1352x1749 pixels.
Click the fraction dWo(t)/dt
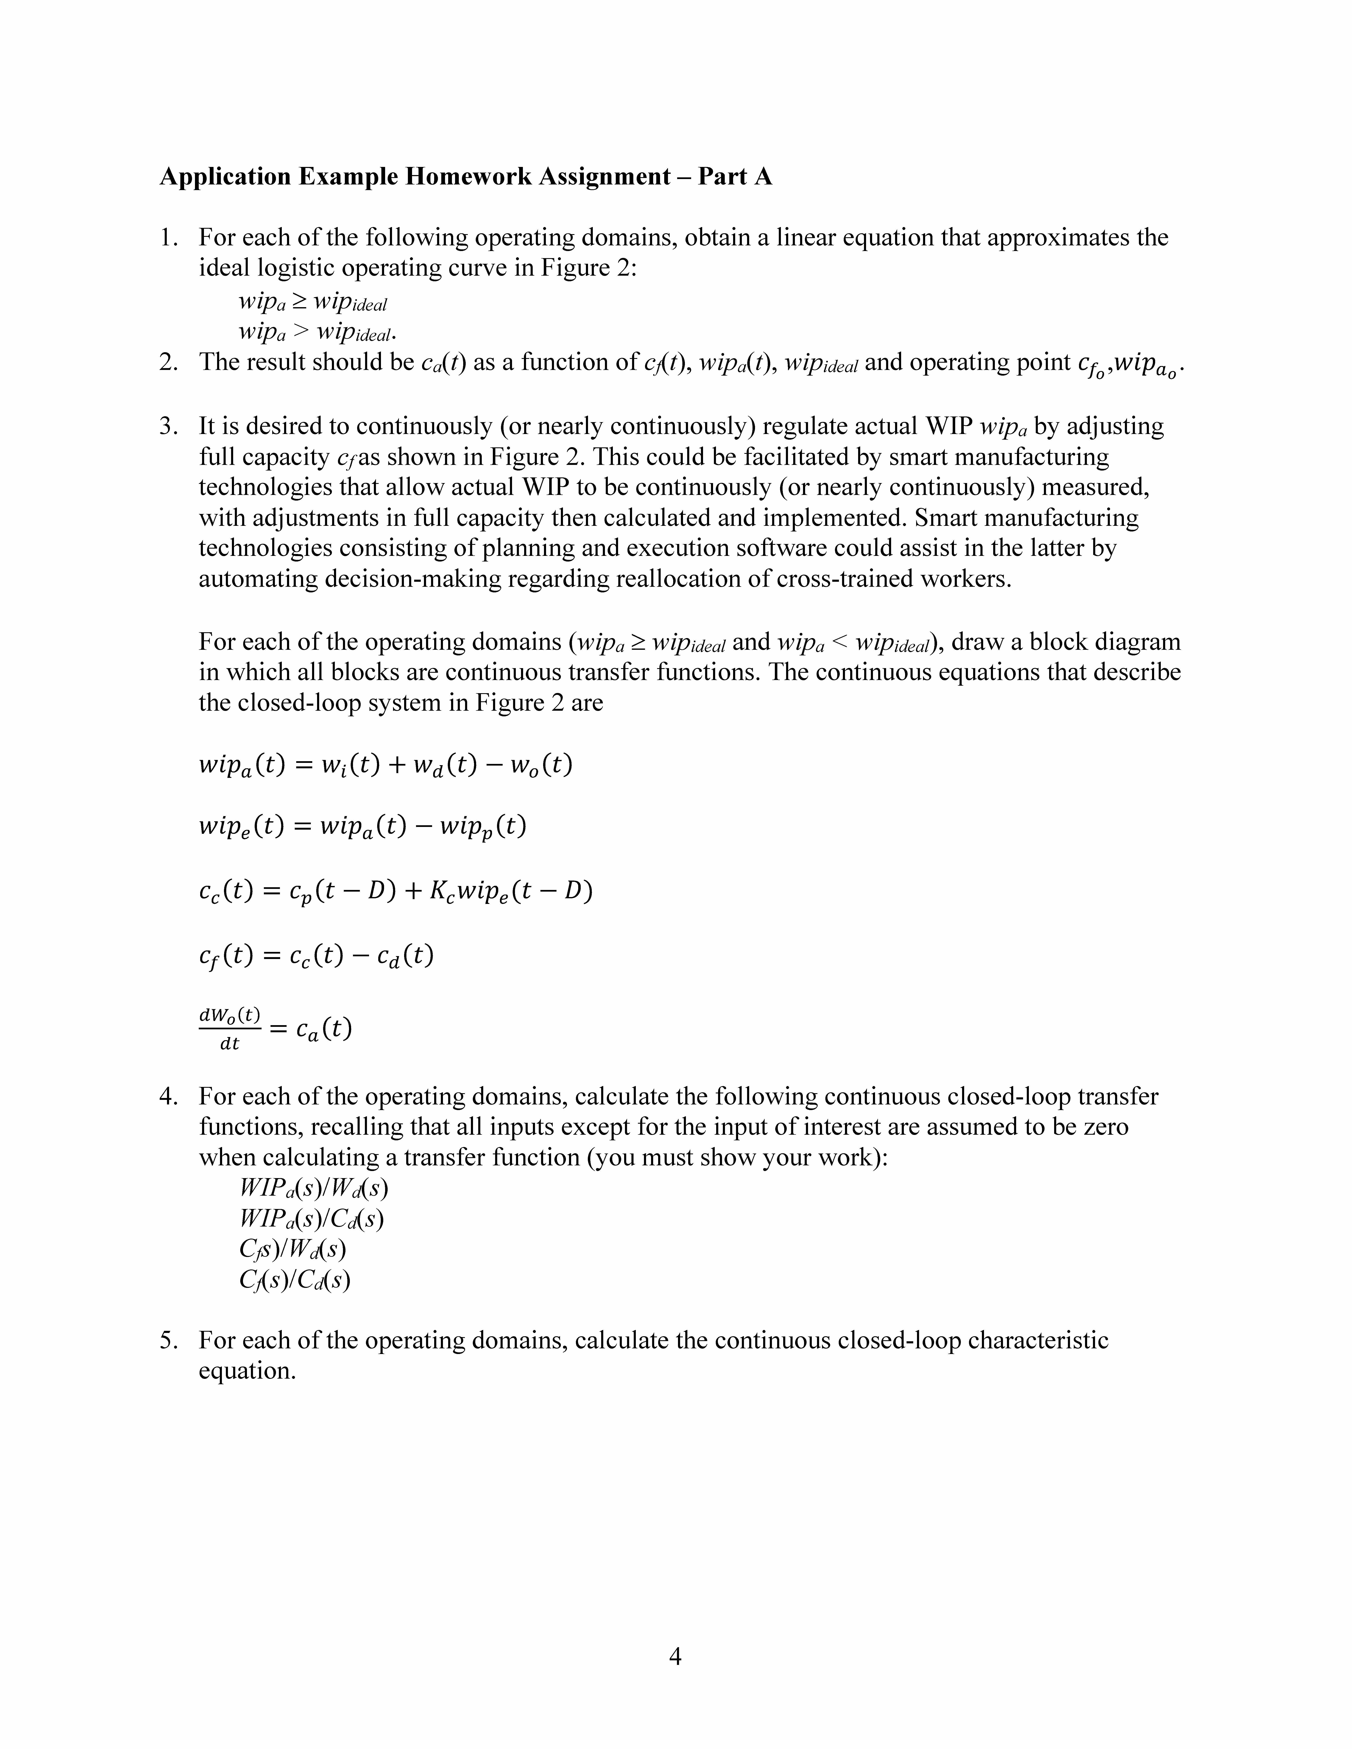tap(230, 1028)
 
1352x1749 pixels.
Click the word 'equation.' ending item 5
tap(248, 1370)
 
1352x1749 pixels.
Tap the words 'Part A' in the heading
tap(735, 176)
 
